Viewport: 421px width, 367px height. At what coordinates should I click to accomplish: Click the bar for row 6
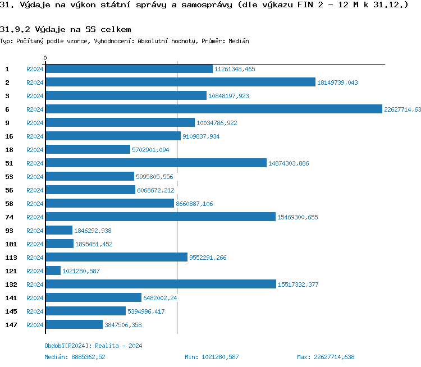coord(213,109)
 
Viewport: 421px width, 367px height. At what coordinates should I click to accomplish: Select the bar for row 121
coord(53,270)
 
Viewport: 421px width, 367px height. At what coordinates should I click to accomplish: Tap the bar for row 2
coord(180,82)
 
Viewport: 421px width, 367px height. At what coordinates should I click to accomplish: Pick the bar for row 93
coord(59,230)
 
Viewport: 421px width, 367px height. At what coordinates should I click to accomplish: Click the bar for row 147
coord(74,324)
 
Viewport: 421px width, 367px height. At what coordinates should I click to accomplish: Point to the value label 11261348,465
coord(235,69)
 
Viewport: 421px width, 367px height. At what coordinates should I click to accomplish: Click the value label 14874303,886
coord(289,163)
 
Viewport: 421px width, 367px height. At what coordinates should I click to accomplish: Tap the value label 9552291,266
coord(209,258)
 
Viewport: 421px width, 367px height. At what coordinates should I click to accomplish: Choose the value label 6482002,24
coord(160,298)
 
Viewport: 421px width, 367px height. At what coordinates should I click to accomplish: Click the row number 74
coord(9,217)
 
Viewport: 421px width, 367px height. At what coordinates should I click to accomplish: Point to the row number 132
coord(11,284)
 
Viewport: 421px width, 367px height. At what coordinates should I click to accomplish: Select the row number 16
coord(9,136)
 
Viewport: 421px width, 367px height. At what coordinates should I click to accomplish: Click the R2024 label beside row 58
coord(35,204)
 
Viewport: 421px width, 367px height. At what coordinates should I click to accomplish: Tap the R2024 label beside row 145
coord(35,311)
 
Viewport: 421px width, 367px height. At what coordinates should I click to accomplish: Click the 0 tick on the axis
coord(45,58)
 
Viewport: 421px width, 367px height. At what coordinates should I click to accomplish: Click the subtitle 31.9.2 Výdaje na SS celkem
coord(66,29)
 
